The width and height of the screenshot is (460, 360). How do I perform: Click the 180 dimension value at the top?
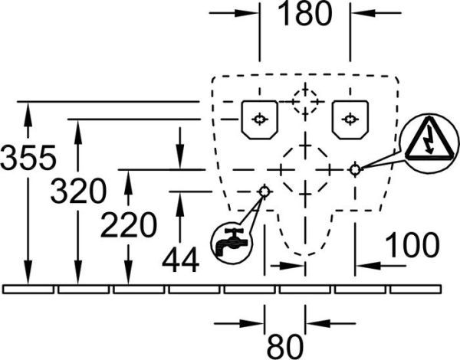tap(304, 13)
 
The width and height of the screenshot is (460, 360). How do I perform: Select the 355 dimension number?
tap(28, 158)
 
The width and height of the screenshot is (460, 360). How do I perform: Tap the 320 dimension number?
tap(78, 191)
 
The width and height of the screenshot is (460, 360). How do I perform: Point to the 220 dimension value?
tap(129, 225)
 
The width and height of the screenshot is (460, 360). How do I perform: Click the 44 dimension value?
tap(180, 260)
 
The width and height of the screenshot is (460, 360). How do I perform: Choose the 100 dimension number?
tap(412, 245)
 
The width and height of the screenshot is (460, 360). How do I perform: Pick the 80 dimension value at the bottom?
tap(284, 346)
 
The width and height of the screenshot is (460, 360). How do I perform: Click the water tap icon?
tap(232, 243)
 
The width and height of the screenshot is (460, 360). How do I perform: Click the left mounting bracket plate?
tap(259, 119)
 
